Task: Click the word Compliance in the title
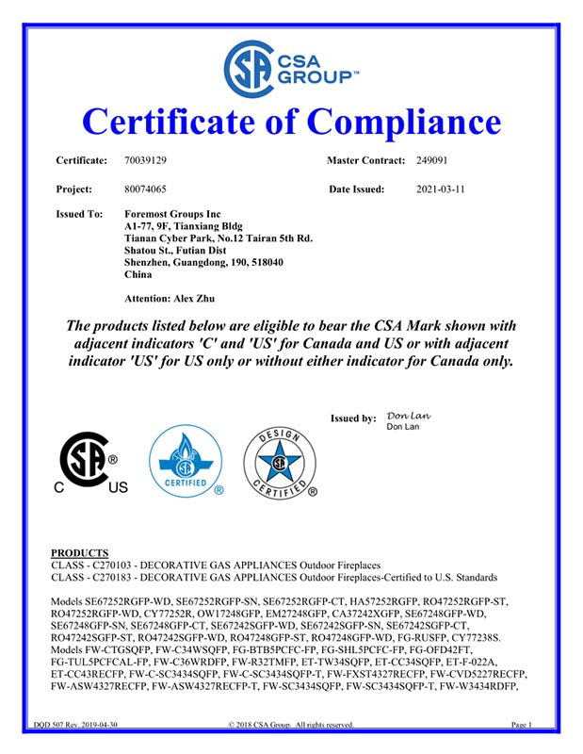tap(405, 122)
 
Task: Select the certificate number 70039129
tap(145, 162)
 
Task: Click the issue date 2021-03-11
tap(441, 189)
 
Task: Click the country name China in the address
tap(138, 275)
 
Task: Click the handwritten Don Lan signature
tap(409, 415)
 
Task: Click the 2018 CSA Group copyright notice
tap(291, 725)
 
